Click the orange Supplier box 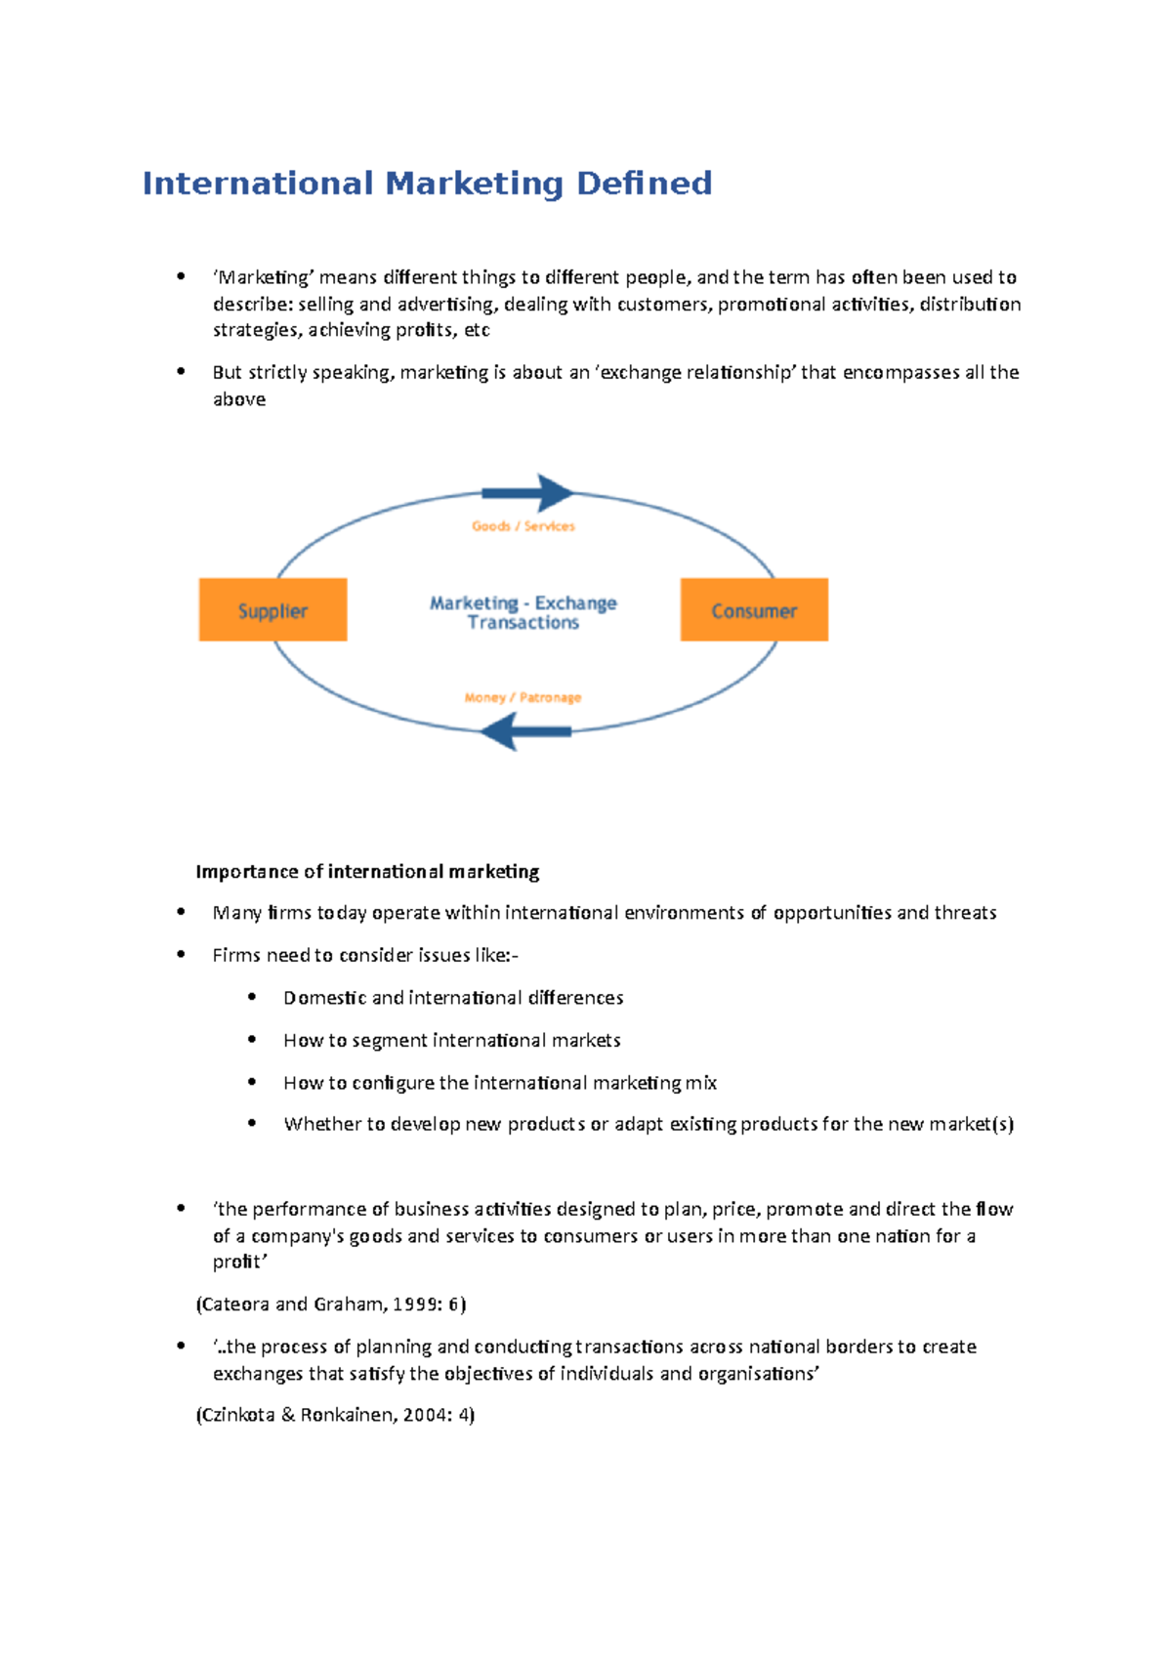click(272, 610)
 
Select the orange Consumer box click(754, 610)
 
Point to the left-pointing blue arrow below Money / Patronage click(525, 731)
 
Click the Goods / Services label click(523, 526)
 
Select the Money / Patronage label click(523, 697)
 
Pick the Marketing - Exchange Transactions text click(523, 612)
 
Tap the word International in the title click(258, 184)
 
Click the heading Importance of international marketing click(367, 871)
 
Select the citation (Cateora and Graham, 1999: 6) click(331, 1304)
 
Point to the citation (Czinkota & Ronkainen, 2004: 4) click(335, 1415)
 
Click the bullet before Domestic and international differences click(252, 997)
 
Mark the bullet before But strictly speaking click(181, 372)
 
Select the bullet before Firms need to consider click(181, 955)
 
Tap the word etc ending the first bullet click(477, 330)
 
